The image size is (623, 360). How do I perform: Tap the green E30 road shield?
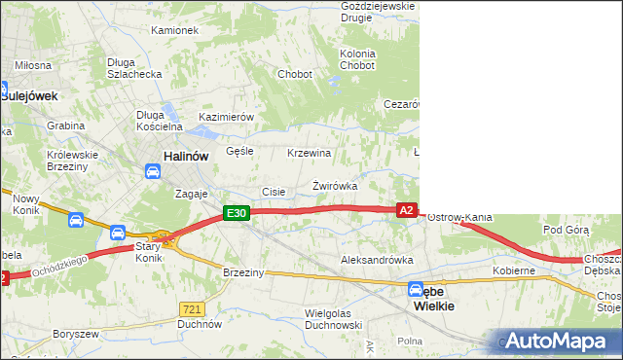point(237,213)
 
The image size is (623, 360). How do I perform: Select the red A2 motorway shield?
point(408,210)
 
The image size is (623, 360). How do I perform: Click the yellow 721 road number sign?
point(191,308)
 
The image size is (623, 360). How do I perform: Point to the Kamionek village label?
point(175,30)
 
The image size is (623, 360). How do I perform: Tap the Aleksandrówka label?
point(377,261)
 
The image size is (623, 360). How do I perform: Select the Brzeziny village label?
point(243,272)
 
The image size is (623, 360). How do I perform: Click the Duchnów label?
point(202,324)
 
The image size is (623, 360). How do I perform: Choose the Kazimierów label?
point(226,117)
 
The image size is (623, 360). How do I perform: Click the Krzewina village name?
point(310,154)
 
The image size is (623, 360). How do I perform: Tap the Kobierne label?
point(514,270)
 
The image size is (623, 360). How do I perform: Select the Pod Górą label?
point(567,230)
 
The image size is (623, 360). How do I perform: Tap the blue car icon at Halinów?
point(152,172)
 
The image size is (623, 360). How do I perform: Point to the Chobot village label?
point(294,74)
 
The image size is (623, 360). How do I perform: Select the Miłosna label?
point(32,65)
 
